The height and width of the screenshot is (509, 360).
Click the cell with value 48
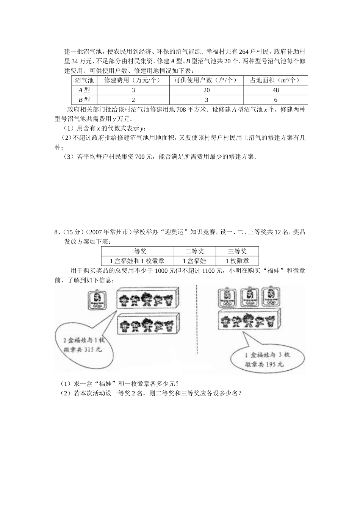click(275, 90)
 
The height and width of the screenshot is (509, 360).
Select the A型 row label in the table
click(84, 90)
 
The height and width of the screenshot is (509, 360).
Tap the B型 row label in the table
click(84, 100)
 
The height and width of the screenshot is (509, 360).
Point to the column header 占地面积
click(275, 80)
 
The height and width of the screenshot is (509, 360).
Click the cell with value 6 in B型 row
click(275, 100)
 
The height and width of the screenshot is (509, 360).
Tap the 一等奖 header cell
click(137, 251)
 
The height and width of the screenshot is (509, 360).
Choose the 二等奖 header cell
click(194, 251)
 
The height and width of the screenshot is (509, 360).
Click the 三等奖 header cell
click(237, 251)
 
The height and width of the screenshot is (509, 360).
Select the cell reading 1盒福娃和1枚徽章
click(137, 261)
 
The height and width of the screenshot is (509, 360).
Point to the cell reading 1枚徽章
click(237, 261)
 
